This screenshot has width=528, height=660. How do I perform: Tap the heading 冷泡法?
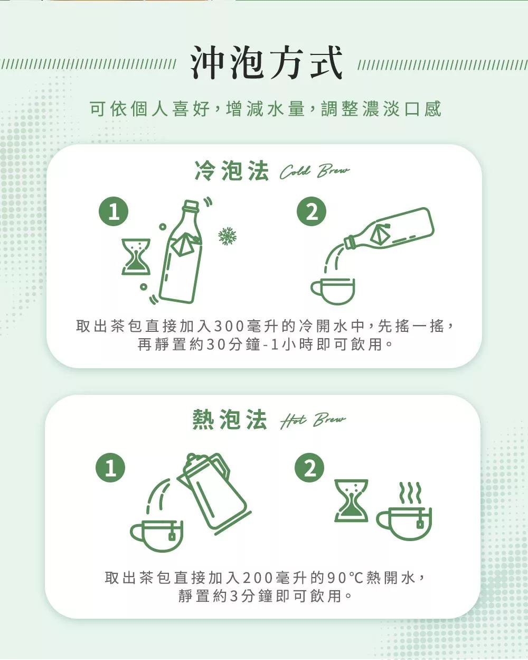232,171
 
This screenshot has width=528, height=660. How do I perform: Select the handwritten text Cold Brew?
314,171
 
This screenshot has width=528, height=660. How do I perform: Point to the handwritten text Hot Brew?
313,420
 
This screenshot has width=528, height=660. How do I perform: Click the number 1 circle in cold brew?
114,211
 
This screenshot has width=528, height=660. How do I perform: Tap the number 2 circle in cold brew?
312,211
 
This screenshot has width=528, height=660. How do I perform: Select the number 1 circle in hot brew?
110,468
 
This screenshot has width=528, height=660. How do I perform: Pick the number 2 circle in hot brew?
309,468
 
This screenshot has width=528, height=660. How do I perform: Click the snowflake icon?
228,236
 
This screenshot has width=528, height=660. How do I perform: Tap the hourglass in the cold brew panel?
136,257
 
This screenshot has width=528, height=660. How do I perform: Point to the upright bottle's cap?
192,205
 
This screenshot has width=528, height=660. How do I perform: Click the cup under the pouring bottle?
333,291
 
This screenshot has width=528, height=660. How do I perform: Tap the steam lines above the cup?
410,493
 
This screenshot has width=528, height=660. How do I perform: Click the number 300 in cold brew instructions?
228,326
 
